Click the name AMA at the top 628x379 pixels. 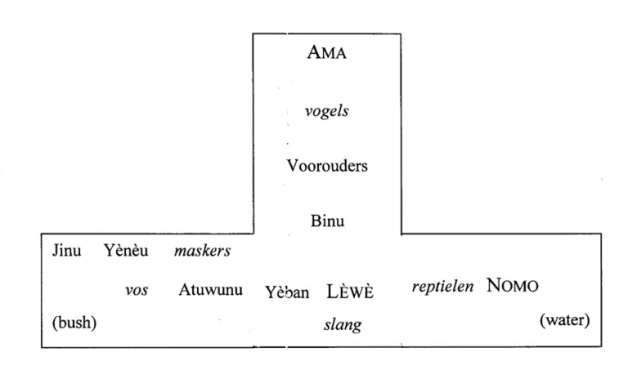(326, 52)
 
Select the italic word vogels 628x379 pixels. (326, 111)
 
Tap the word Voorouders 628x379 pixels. (327, 166)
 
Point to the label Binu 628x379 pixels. (327, 221)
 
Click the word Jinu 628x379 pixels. (66, 251)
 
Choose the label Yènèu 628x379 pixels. (126, 250)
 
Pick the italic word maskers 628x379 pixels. (202, 251)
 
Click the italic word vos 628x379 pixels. (137, 290)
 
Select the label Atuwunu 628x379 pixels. (211, 289)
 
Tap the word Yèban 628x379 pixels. (287, 292)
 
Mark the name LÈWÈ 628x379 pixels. (350, 292)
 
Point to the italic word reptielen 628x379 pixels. (442, 287)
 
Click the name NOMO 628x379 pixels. (512, 286)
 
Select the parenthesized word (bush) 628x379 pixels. (74, 322)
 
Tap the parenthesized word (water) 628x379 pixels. (565, 319)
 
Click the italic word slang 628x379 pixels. (343, 324)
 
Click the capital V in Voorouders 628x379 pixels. (292, 166)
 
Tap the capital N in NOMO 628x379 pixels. (494, 286)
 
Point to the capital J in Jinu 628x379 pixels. (56, 251)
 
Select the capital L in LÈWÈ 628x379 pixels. (333, 292)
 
